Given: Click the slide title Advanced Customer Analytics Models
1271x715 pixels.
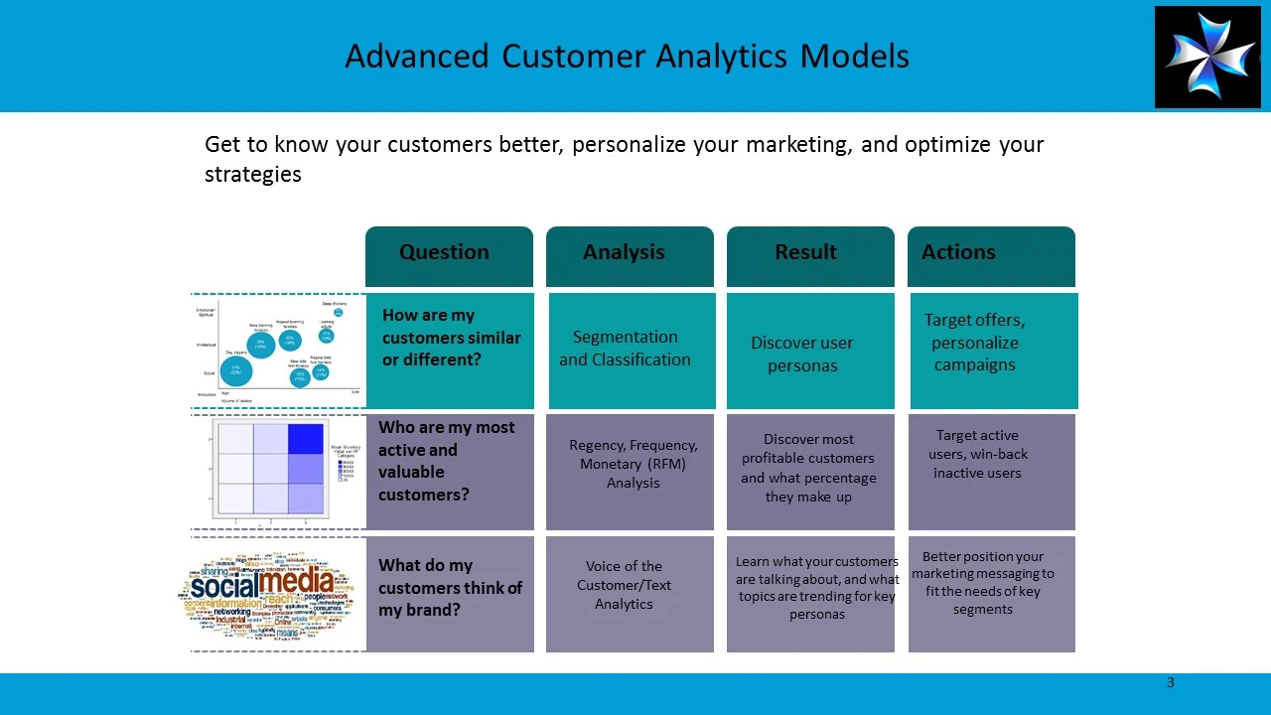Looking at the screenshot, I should [627, 57].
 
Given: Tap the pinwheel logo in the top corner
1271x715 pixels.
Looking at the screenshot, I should [1206, 57].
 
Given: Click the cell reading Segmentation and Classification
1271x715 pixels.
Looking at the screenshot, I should [625, 349].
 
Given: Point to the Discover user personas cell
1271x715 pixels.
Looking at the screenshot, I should [802, 355].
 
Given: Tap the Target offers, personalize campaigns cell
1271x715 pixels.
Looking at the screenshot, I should [974, 343].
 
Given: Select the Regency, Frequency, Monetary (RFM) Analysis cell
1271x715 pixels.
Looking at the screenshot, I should [633, 464].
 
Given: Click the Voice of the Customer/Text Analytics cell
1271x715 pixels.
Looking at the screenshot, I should [624, 585].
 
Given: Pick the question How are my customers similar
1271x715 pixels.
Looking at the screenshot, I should [451, 338].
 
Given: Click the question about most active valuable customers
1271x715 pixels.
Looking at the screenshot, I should [447, 461].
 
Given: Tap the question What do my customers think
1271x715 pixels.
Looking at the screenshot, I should [450, 587].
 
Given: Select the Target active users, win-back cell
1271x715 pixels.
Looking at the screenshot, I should [977, 454].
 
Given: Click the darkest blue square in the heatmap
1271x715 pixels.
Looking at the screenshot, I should [306, 439].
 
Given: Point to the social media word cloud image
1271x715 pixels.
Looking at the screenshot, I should [272, 594].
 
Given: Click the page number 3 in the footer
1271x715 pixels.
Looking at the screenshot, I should [1171, 682].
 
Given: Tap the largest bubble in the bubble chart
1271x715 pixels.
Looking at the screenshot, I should [235, 370].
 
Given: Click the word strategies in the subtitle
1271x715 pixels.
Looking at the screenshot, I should [252, 175].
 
